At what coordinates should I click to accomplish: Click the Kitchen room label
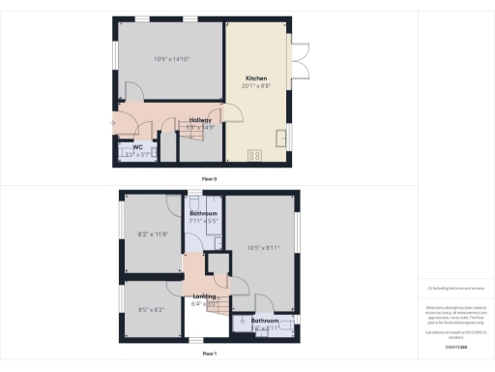(256, 77)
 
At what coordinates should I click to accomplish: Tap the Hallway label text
(200, 119)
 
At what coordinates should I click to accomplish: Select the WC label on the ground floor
(138, 148)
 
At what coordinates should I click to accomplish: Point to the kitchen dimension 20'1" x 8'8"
(256, 86)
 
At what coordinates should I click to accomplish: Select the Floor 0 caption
(209, 179)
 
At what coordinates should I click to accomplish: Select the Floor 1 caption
(209, 355)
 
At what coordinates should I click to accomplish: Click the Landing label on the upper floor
(204, 295)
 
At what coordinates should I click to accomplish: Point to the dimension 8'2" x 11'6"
(154, 233)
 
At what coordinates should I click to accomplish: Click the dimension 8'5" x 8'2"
(153, 311)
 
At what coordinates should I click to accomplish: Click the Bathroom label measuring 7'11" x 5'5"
(203, 213)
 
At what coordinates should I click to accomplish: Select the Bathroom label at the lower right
(265, 320)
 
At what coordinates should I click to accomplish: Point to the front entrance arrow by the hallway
(113, 122)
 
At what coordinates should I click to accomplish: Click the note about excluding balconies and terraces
(455, 289)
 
